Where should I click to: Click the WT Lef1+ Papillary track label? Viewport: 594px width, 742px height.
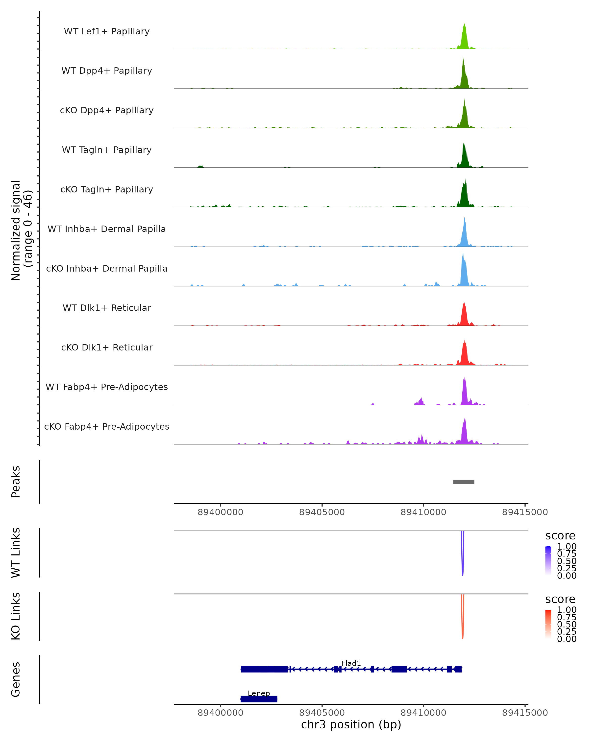point(107,31)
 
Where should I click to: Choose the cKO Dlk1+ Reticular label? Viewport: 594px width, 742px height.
point(107,347)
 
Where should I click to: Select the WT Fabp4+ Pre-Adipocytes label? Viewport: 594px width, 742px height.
point(107,387)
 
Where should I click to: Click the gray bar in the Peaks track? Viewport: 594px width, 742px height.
point(464,482)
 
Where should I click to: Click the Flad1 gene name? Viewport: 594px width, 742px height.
point(351,663)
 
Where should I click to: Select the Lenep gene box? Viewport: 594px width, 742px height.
point(259,699)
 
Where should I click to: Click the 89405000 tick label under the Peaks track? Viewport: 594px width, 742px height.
point(322,512)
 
